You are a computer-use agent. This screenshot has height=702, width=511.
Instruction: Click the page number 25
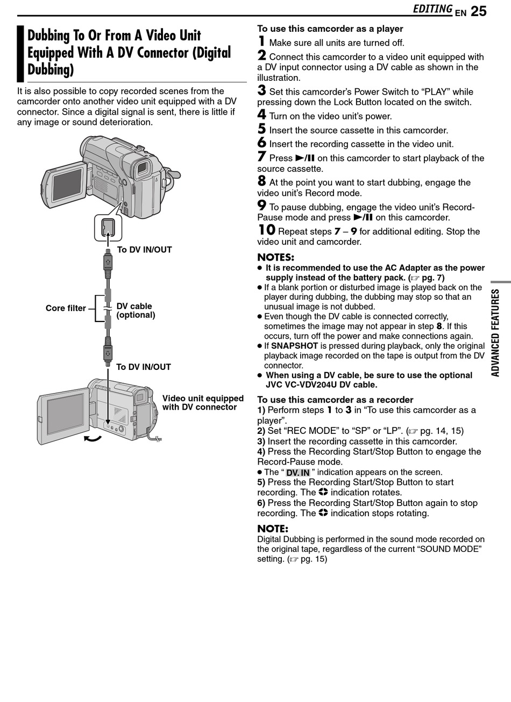tap(478, 11)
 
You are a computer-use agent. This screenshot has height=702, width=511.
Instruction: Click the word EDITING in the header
tap(432, 9)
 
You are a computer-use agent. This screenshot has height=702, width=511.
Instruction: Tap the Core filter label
tap(66, 308)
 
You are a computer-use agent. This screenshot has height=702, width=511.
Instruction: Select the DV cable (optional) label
tap(136, 311)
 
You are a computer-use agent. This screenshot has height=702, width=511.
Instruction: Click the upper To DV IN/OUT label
tap(144, 250)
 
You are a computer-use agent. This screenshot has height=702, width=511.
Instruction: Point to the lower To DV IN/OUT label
tap(144, 367)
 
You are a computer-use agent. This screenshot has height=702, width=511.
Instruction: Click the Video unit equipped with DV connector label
tap(202, 403)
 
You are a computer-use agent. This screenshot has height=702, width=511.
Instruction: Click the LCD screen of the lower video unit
tap(65, 413)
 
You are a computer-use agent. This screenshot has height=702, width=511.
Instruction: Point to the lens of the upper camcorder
tap(143, 170)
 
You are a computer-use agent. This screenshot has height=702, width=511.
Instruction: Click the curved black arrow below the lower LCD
tap(93, 439)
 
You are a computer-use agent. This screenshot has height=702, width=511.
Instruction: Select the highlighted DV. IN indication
tap(297, 473)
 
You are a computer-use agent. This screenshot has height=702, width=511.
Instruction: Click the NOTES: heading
tap(275, 257)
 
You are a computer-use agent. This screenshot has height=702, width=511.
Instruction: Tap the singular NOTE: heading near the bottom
tap(273, 529)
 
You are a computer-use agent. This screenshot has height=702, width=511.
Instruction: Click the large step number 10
tap(266, 230)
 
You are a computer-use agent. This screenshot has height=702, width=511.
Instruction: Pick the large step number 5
tap(261, 129)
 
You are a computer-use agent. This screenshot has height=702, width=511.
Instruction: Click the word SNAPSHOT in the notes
tap(294, 346)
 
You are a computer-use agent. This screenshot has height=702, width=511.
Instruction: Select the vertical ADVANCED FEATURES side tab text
tap(495, 333)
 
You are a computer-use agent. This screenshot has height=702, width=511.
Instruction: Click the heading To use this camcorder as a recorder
tap(335, 399)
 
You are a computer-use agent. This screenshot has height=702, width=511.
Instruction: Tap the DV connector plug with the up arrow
tap(108, 262)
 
